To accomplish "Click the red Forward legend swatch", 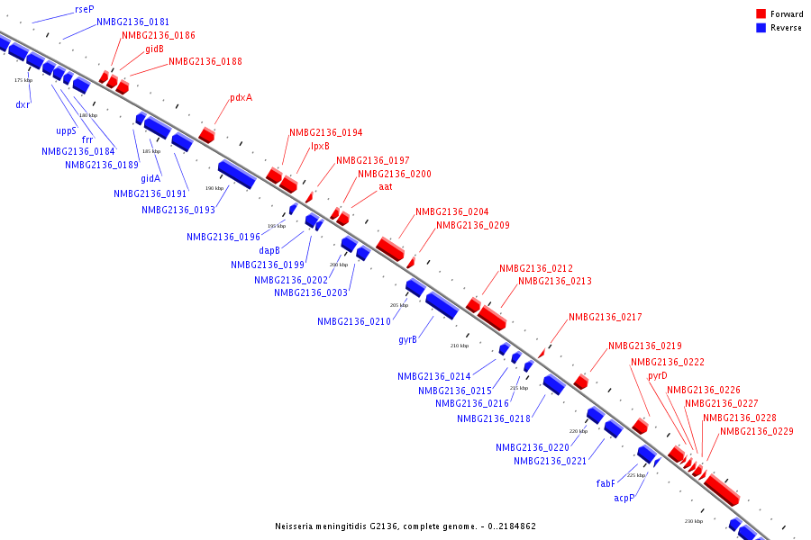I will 761,13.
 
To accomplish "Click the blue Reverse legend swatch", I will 761,28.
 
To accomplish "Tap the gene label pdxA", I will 241,97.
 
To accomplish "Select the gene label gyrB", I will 407,340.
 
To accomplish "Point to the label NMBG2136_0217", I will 605,317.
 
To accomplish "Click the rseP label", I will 85,8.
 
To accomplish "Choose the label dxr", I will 23,104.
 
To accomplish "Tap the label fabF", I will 606,483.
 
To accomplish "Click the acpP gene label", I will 624,498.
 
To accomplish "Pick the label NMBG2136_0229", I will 756,431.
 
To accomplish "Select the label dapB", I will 269,250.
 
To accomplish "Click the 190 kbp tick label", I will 214,188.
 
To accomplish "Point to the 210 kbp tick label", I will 460,346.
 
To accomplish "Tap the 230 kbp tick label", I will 693,521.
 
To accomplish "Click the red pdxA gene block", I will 207,135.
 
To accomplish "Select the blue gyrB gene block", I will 442,305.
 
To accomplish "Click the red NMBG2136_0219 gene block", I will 581,382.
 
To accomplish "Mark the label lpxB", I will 320,146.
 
